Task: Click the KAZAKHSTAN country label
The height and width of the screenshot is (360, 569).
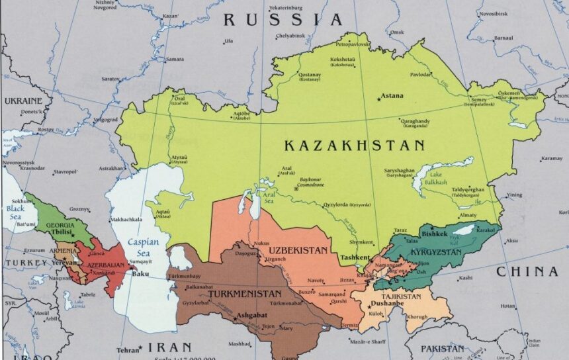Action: tap(354, 145)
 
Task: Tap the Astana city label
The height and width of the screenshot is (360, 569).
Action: tap(392, 96)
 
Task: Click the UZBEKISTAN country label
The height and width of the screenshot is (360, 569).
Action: tap(298, 251)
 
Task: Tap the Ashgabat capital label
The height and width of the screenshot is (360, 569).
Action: tap(253, 315)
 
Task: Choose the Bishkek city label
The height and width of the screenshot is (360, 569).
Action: tap(435, 234)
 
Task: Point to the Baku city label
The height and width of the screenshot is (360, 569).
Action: tap(140, 273)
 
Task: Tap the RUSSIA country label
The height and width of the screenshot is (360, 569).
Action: tap(283, 20)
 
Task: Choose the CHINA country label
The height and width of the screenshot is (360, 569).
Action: tap(527, 271)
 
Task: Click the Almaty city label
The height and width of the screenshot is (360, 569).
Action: tap(466, 216)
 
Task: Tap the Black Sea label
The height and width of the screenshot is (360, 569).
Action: tap(15, 212)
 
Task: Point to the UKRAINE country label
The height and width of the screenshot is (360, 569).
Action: tap(23, 101)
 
